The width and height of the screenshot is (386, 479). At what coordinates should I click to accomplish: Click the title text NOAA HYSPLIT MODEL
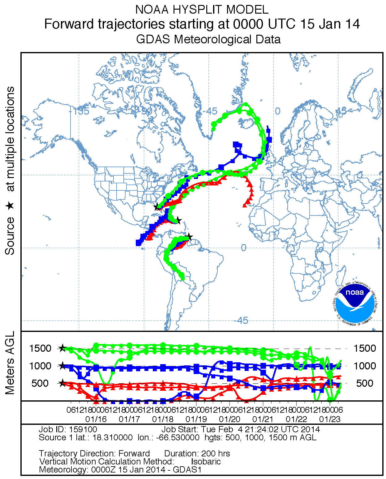point(202,10)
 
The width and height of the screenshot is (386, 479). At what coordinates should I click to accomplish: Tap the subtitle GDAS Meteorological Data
point(208,39)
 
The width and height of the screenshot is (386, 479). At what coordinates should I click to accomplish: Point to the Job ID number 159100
point(83,429)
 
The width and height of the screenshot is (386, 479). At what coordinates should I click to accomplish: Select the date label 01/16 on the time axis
point(96,419)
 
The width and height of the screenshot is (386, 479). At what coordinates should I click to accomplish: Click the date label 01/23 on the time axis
point(330,419)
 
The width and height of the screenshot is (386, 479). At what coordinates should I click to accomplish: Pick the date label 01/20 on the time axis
point(229,419)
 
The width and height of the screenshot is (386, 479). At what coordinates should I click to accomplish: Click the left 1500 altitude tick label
point(40,348)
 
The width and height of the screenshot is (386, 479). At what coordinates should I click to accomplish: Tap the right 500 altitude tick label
point(365,383)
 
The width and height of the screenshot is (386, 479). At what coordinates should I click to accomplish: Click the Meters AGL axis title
point(10,363)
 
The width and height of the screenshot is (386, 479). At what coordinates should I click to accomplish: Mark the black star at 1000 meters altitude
point(62,366)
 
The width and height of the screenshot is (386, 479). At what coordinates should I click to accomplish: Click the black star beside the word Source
point(10,206)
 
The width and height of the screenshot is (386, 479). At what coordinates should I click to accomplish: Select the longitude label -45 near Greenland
point(211,111)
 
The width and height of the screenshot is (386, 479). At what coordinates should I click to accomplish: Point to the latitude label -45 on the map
point(241,320)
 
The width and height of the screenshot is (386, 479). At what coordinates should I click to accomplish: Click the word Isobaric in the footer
point(206,461)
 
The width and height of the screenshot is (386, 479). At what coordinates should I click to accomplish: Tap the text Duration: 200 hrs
point(197,454)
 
